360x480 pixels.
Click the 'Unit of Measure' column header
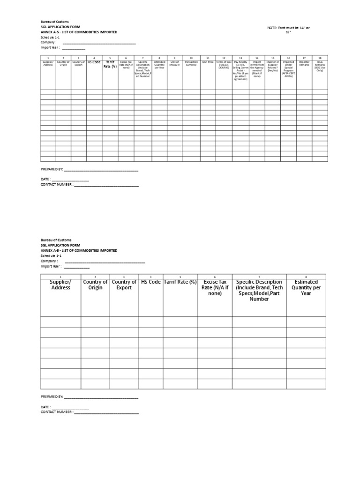coord(174,63)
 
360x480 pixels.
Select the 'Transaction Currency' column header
coord(191,63)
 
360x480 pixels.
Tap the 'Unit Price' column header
coord(208,62)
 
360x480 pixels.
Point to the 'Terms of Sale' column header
coord(224,65)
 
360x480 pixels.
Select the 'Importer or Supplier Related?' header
coord(272,66)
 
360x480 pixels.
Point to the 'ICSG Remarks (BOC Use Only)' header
coord(320,66)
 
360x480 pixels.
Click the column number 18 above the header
coord(320,58)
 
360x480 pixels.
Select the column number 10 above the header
coord(191,58)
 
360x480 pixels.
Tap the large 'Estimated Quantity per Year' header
coord(306,287)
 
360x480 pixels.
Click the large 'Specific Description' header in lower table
coord(259,290)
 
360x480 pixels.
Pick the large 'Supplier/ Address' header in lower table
coord(60,285)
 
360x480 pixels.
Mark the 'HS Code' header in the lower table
coord(150,282)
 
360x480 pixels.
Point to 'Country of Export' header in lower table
coord(124,285)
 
